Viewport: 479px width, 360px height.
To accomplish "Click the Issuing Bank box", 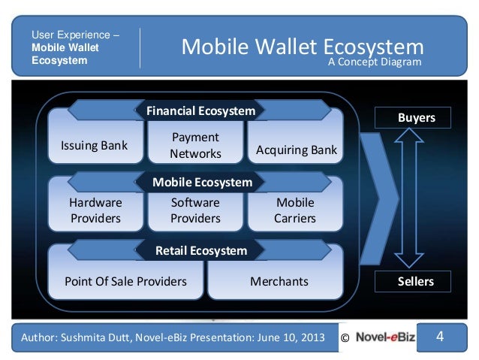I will (94, 145).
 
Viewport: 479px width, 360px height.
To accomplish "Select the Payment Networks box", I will (195, 146).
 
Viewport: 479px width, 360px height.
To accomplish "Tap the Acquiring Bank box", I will (297, 150).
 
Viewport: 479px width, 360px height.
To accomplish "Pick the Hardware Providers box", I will (95, 210).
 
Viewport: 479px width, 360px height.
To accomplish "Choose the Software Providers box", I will (195, 210).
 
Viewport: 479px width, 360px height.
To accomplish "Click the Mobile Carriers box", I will (295, 210).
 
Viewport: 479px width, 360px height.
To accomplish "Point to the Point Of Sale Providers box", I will (125, 281).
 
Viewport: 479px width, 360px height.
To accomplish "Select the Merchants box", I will (279, 281).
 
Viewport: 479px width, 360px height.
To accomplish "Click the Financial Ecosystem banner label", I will (200, 111).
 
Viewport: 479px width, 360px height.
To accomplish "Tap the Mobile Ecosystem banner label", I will (202, 182).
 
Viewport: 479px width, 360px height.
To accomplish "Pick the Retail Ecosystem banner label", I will (200, 250).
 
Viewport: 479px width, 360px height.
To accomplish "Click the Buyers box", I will (415, 118).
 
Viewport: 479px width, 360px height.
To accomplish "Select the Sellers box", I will (415, 281).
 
